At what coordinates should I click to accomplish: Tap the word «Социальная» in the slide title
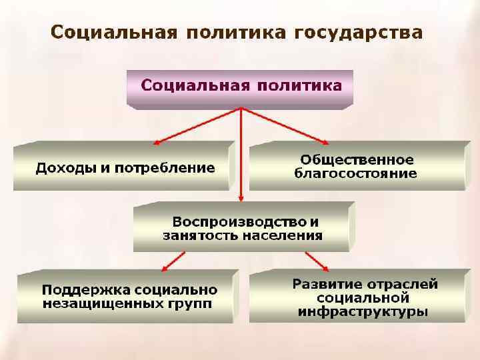pos(114,33)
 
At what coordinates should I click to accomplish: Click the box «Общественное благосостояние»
pos(356,167)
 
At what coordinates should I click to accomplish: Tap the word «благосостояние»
pos(356,174)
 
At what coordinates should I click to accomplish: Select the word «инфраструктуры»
pos(363,311)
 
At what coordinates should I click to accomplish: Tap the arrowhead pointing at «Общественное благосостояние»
pos(325,141)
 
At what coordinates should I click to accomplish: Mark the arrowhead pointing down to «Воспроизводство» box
pos(241,199)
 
